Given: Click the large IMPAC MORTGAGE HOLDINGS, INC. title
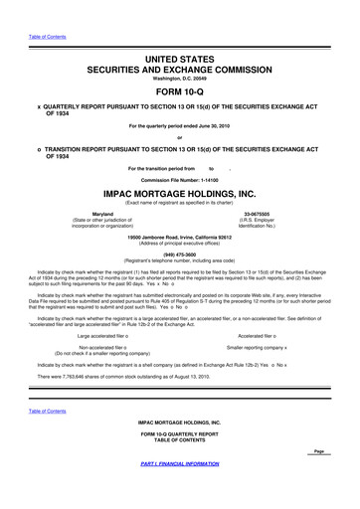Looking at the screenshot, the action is coord(179,195).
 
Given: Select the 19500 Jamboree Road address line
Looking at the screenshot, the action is coord(179,237).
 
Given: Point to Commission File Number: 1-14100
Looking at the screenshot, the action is coord(179,179).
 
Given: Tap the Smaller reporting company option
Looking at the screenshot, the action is coord(257,324).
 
